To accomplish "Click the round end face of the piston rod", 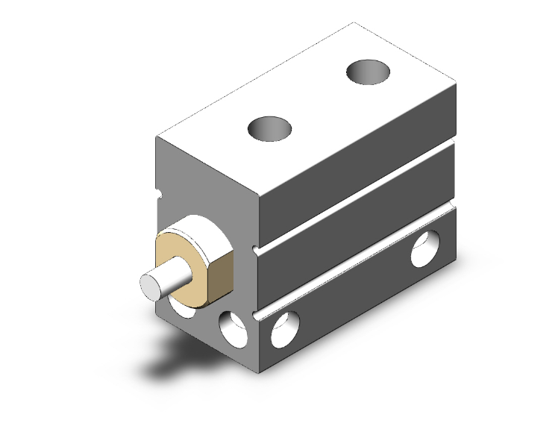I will tap(151, 285).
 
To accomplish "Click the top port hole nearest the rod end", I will tap(272, 128).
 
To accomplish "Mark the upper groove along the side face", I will tap(358, 197).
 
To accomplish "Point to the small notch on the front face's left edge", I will tap(158, 195).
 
